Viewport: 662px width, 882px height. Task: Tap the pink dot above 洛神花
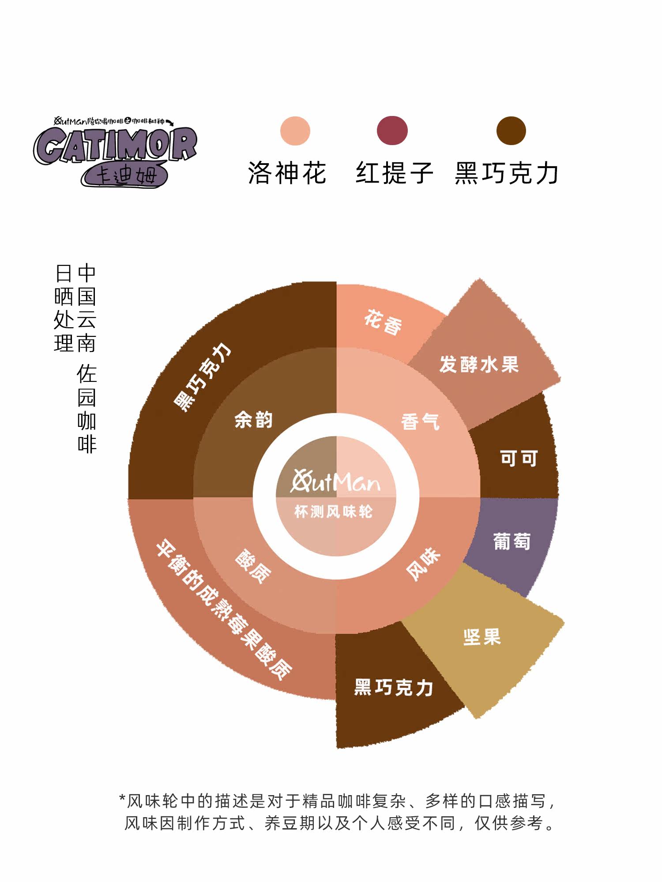click(295, 131)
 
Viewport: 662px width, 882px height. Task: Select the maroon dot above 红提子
click(392, 131)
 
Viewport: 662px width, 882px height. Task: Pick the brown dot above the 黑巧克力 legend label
click(511, 131)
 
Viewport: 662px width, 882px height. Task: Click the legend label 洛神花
click(287, 172)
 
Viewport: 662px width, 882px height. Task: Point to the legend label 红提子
click(395, 172)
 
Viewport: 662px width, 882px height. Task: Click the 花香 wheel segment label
click(383, 322)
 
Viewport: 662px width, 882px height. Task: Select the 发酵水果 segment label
click(479, 364)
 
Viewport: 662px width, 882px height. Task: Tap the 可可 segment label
click(519, 459)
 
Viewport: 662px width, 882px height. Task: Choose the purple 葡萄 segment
click(512, 542)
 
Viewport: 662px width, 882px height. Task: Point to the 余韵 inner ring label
click(254, 419)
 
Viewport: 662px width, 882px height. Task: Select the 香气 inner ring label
click(420, 422)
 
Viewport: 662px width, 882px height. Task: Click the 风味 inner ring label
click(423, 564)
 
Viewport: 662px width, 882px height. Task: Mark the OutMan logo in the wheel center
click(335, 481)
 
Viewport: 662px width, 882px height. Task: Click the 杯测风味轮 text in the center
click(334, 512)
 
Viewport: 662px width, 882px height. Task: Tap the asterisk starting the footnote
click(122, 799)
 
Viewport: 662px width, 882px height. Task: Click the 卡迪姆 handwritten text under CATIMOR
click(126, 176)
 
